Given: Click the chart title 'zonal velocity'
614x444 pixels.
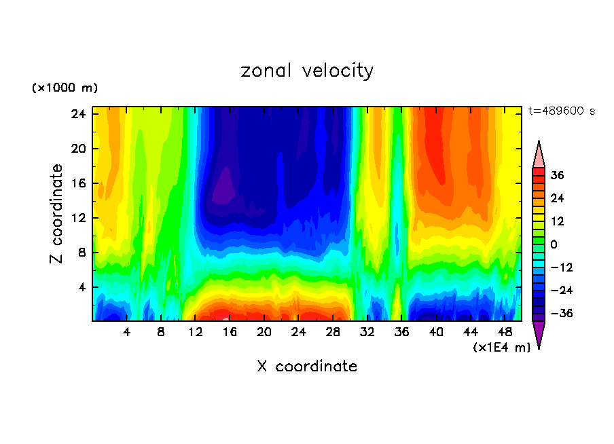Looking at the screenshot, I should [307, 71].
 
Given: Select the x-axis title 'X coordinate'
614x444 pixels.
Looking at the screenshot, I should [307, 367].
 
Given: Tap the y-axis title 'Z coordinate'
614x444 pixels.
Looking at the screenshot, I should [58, 214].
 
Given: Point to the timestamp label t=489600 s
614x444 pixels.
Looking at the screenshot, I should [561, 111].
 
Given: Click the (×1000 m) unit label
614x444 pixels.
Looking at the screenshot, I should [65, 88].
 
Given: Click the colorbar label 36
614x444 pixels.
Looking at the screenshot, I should [557, 175].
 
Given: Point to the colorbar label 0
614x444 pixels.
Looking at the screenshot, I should [554, 244].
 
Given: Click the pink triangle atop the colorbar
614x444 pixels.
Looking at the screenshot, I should [539, 155].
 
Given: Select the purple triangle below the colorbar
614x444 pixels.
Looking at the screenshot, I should [539, 333].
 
